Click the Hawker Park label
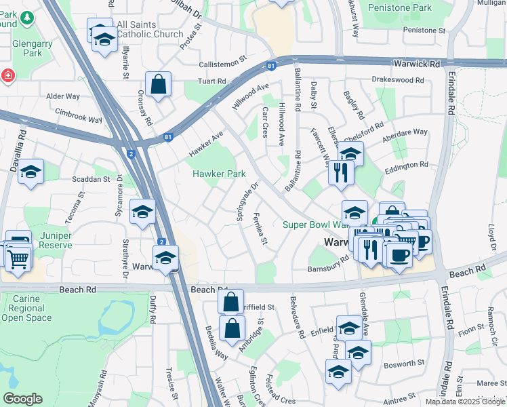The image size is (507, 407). [218, 174]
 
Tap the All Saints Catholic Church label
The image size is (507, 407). [149, 29]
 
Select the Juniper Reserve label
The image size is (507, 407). [56, 241]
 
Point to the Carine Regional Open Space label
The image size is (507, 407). [26, 307]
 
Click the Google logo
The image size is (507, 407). [22, 399]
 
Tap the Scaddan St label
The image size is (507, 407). [91, 180]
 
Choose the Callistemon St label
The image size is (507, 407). [222, 63]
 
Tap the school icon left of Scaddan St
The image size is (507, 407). [31, 173]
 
